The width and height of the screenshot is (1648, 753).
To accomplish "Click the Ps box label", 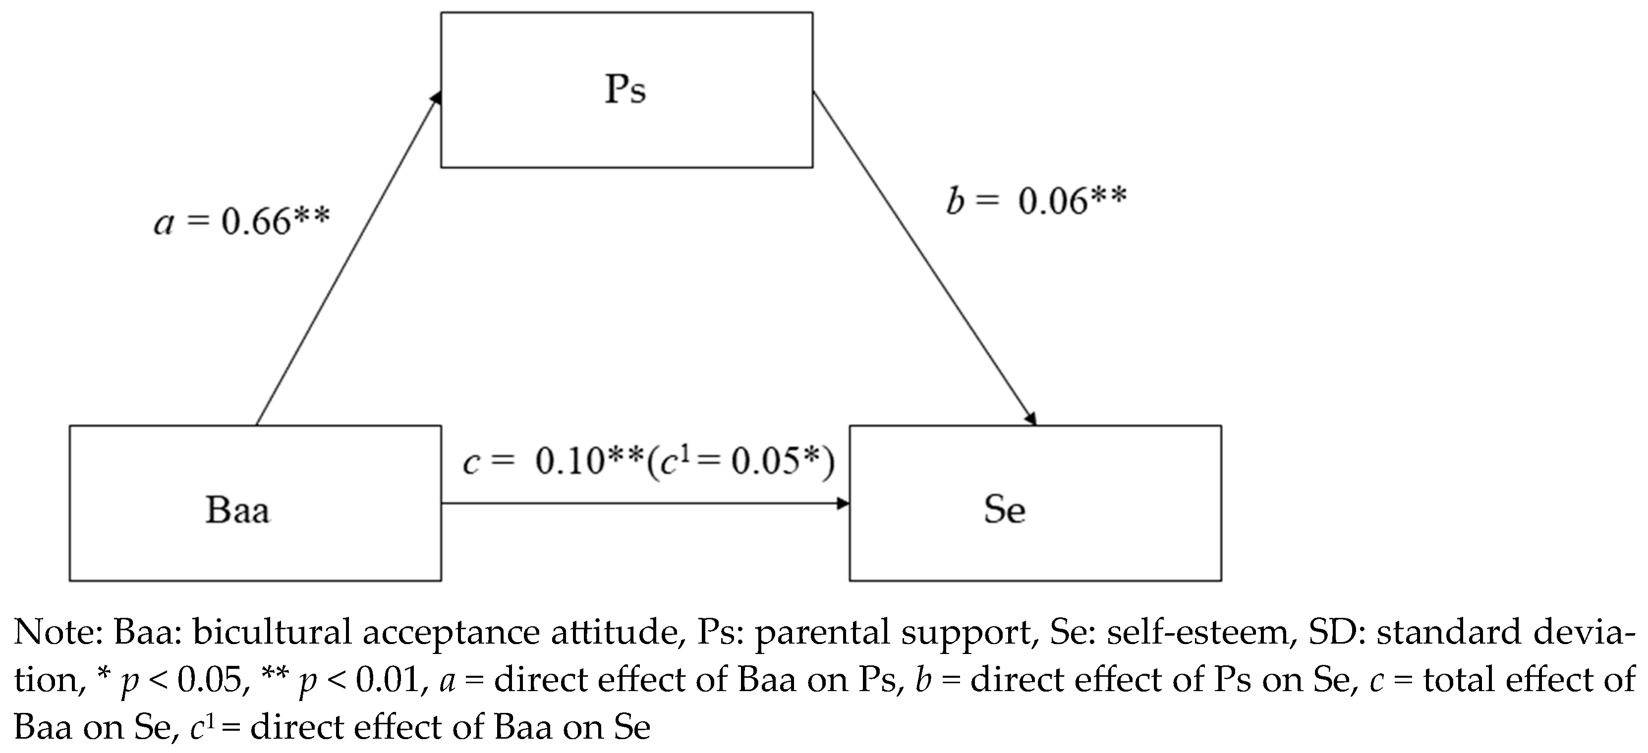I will pyautogui.click(x=625, y=90).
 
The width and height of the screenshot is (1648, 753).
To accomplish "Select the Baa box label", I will pyautogui.click(x=237, y=510).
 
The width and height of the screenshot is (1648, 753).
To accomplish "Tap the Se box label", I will pyautogui.click(x=1004, y=510).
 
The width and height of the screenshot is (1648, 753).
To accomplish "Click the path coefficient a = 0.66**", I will pyautogui.click(x=242, y=222).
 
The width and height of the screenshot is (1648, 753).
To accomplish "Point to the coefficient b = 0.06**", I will pyautogui.click(x=1036, y=201).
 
